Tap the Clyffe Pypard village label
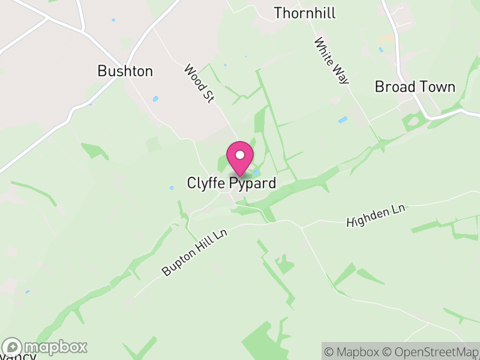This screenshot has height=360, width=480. tap(232, 183)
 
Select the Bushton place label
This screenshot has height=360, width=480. tap(125, 71)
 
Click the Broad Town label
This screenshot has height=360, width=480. tap(415, 86)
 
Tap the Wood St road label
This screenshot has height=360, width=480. tap(199, 84)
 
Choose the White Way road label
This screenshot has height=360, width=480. tap(332, 61)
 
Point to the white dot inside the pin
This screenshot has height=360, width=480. tap(240, 155)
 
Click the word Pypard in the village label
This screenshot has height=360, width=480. tap(253, 183)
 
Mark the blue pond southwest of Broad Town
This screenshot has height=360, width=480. tap(343, 120)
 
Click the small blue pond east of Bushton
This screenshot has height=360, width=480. tap(156, 99)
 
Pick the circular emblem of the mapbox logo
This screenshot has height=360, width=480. tap(12, 347)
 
